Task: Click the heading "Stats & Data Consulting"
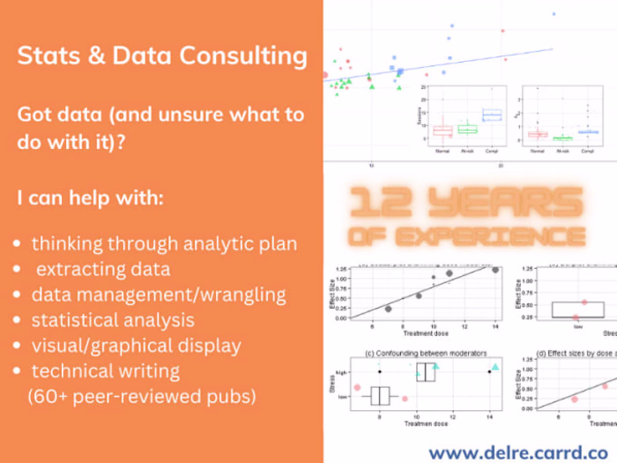point(162,57)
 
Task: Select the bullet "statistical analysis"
point(113,319)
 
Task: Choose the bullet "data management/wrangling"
point(159,294)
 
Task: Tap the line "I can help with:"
point(90,198)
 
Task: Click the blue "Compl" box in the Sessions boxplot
point(492,115)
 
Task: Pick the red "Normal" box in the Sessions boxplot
point(442,130)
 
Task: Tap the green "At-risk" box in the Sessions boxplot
point(467,129)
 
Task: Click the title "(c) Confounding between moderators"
point(425,353)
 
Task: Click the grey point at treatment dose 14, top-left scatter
point(495,270)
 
